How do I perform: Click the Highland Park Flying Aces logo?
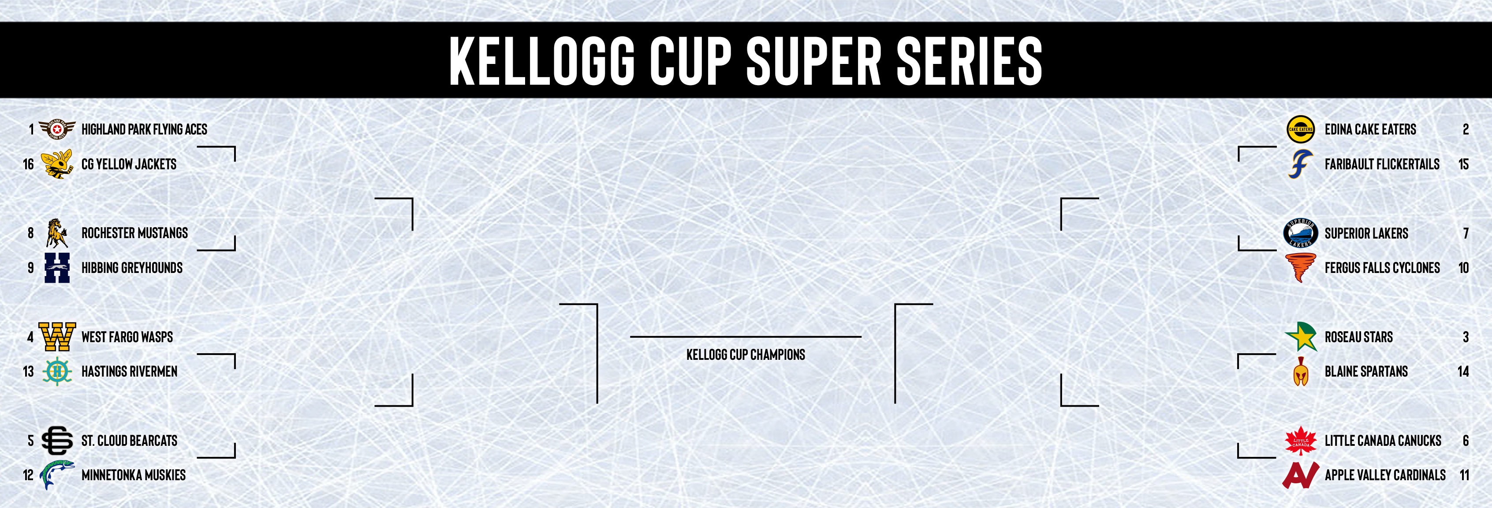[57, 129]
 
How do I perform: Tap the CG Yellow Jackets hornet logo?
[57, 164]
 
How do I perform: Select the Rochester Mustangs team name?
[134, 233]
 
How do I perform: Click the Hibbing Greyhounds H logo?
[57, 268]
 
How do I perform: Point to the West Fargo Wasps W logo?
[57, 336]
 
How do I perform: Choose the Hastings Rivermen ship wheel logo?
[57, 371]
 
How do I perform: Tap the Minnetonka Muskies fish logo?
[57, 475]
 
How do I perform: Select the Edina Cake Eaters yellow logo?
[1300, 129]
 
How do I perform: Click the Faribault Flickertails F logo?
[1300, 164]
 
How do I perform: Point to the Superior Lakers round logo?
[1300, 233]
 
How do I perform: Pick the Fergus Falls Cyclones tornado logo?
[1300, 268]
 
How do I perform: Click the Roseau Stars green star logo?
[1301, 336]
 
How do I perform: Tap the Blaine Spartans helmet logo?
[1301, 371]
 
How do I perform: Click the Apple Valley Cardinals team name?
[1385, 475]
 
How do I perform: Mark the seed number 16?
[28, 164]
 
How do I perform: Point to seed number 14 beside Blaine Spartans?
[1463, 372]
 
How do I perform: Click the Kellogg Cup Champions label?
[746, 355]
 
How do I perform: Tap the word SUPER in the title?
[814, 60]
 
